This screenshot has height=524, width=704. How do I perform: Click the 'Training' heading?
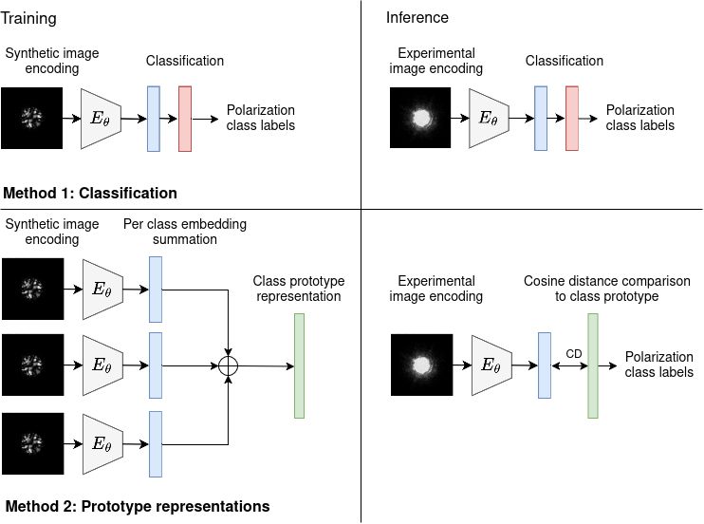pyautogui.click(x=28, y=18)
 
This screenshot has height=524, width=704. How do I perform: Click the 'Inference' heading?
pyautogui.click(x=417, y=18)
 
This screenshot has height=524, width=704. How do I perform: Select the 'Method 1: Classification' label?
pyautogui.click(x=90, y=193)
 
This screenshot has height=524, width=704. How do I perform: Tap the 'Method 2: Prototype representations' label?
pyautogui.click(x=137, y=506)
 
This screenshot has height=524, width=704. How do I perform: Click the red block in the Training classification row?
pyautogui.click(x=184, y=119)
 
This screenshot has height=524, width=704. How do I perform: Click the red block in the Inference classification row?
pyautogui.click(x=572, y=119)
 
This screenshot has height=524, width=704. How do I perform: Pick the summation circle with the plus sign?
pyautogui.click(x=228, y=365)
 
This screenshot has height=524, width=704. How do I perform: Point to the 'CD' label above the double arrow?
pyautogui.click(x=574, y=353)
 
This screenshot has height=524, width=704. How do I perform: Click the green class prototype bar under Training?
pyautogui.click(x=299, y=365)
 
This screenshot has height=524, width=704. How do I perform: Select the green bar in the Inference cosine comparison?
pyautogui.click(x=593, y=365)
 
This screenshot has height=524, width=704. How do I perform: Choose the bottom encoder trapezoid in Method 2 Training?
pyautogui.click(x=102, y=443)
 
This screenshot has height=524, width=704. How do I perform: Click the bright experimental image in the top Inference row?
pyautogui.click(x=420, y=119)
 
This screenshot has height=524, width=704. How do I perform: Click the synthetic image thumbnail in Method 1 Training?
pyautogui.click(x=32, y=119)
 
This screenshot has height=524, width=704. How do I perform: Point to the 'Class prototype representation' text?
pyautogui.click(x=299, y=289)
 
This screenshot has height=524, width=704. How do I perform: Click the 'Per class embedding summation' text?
pyautogui.click(x=185, y=232)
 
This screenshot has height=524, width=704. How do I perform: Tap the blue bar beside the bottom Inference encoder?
pyautogui.click(x=545, y=365)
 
